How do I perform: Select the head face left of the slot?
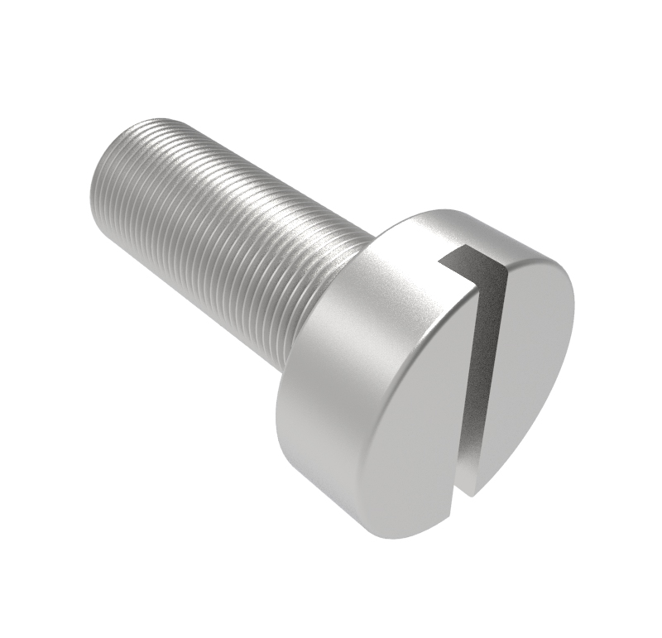pyautogui.click(x=414, y=414)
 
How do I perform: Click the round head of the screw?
pyautogui.click(x=430, y=372)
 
